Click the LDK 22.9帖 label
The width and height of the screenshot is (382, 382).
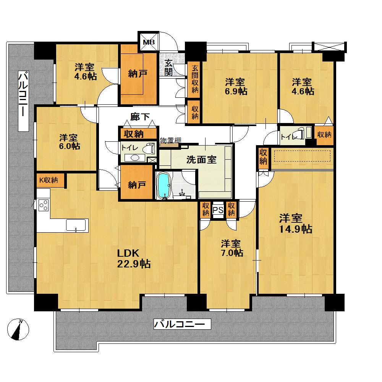point(133,258)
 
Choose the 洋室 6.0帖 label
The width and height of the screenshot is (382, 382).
point(69,142)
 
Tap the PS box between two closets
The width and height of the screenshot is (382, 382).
point(218,210)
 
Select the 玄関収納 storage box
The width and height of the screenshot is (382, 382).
point(195,79)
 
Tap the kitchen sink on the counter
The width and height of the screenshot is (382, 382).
point(77,225)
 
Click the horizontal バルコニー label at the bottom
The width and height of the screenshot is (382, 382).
point(182,325)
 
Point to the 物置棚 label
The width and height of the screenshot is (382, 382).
point(170,140)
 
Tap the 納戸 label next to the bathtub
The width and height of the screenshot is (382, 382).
point(137,185)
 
